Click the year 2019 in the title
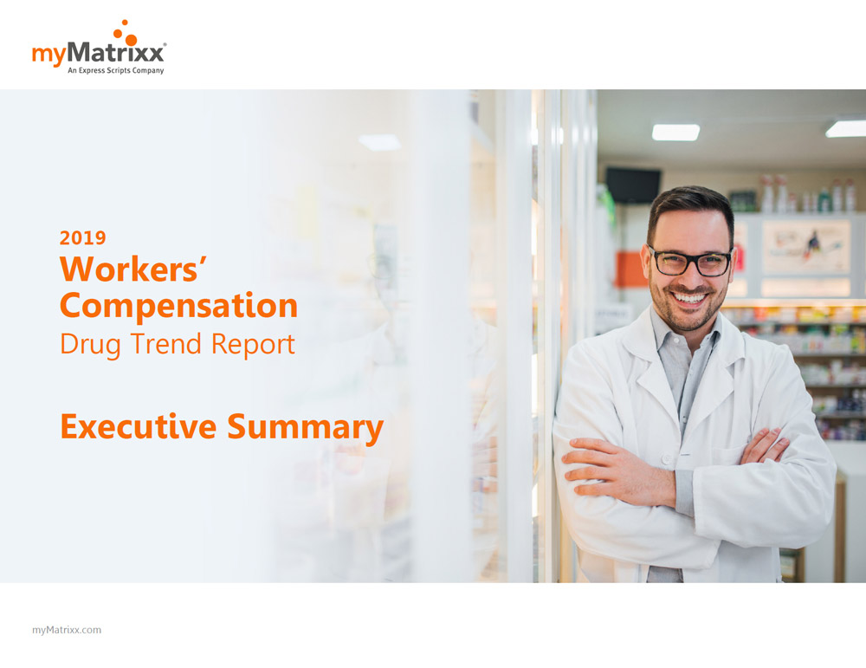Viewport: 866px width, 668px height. click(x=83, y=237)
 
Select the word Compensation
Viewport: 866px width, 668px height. click(x=178, y=306)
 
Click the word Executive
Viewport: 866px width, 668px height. click(x=138, y=426)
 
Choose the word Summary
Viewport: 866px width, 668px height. click(x=306, y=429)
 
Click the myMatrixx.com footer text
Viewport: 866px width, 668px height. click(x=67, y=630)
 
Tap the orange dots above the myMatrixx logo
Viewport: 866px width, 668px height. click(x=126, y=32)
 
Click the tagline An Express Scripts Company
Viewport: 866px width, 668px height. click(x=116, y=70)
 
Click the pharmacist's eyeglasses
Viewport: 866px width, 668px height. click(x=690, y=262)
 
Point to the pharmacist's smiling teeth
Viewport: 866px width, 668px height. click(x=690, y=298)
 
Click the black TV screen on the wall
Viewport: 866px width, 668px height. click(x=633, y=185)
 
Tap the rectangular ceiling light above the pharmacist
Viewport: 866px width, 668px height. click(x=675, y=132)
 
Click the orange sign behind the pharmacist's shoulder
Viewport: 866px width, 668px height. click(x=631, y=269)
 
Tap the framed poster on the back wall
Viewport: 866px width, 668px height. click(x=806, y=247)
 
